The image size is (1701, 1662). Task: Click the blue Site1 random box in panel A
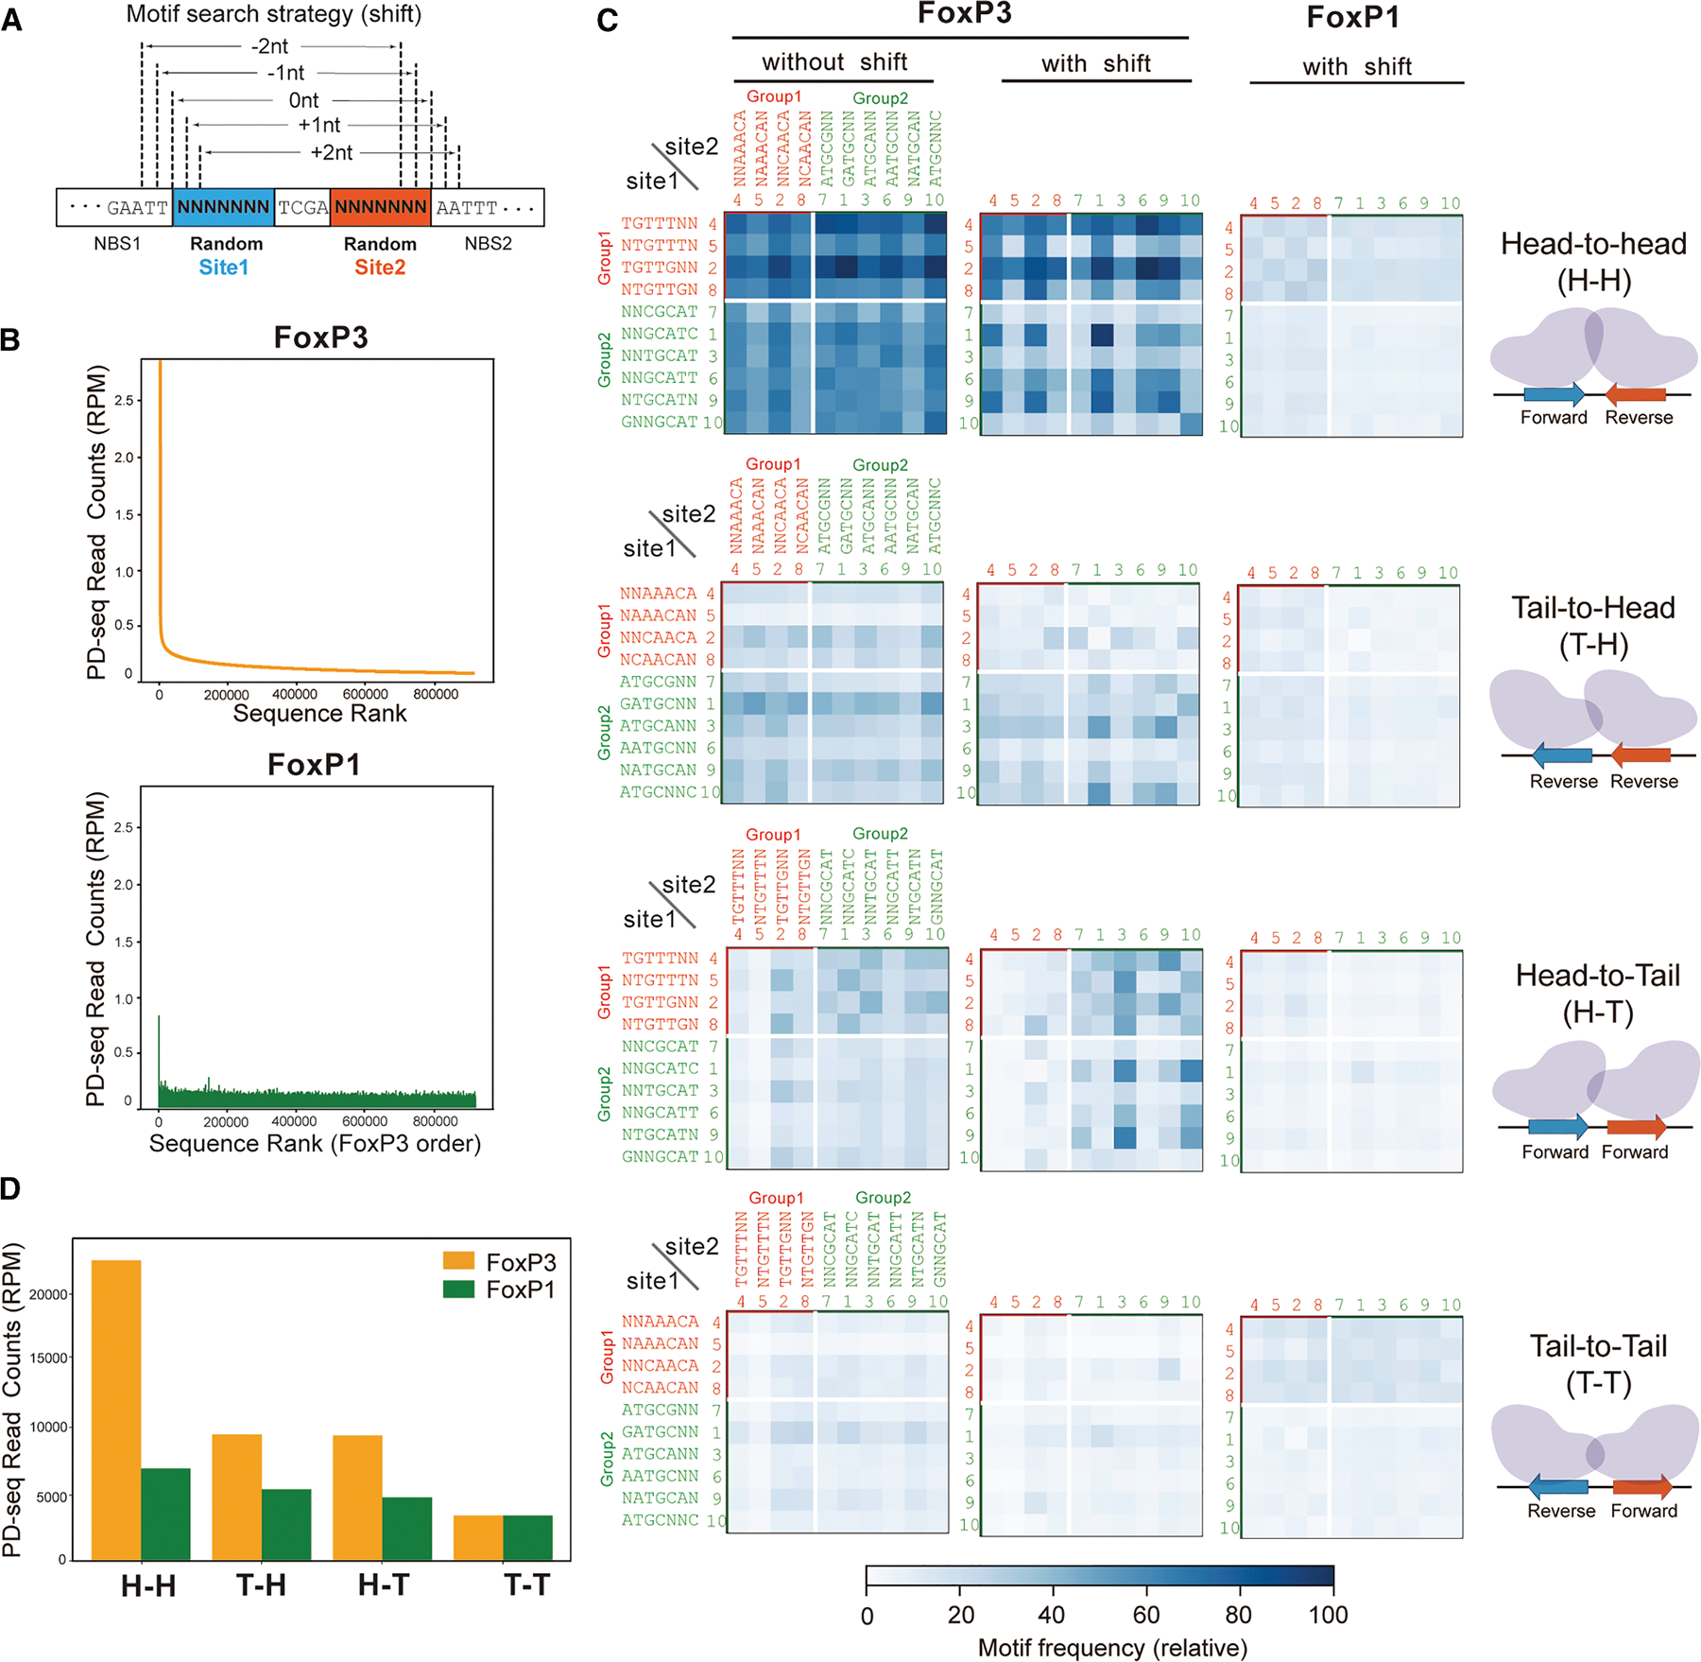(223, 207)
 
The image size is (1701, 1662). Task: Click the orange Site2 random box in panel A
(380, 207)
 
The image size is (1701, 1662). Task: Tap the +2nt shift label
(331, 152)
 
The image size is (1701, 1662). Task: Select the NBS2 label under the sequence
(488, 244)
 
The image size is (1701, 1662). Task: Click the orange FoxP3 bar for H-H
(116, 1409)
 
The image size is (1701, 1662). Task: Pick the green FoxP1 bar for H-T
(407, 1528)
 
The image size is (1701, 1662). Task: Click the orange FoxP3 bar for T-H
(237, 1497)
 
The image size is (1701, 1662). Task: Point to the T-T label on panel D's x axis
(527, 1585)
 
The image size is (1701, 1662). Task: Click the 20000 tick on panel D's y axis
(48, 1294)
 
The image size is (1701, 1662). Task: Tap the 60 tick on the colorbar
(1145, 1615)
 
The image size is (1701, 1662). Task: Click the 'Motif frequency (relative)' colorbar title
(1112, 1648)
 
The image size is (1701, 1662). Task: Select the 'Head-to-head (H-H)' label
(1593, 262)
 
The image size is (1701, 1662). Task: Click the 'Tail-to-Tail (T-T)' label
(1598, 1364)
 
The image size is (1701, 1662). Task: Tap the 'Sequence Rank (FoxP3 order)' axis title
(315, 1144)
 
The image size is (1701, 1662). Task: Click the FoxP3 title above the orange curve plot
(320, 338)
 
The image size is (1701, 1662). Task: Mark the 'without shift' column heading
(833, 62)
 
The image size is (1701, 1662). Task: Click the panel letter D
(11, 1189)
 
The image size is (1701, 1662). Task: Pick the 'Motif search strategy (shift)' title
(274, 14)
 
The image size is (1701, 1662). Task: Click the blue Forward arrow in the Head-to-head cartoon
(1554, 395)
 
